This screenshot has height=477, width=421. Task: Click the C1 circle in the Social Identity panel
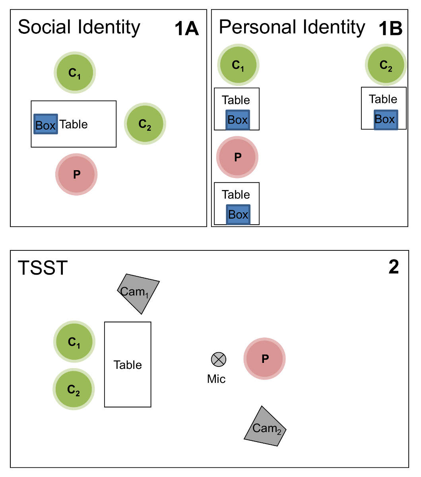75,73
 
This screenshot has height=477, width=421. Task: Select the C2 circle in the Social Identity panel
145,124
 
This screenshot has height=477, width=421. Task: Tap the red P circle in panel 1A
76,174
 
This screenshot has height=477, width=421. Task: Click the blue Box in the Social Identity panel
45,124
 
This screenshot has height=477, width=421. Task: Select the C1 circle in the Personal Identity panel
238,65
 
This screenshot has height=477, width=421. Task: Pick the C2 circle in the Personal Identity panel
386,65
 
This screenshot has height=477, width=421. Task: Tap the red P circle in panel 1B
237,157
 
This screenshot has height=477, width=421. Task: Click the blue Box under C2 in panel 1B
385,119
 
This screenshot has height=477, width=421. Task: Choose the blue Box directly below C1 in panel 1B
238,120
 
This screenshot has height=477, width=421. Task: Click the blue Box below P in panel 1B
238,215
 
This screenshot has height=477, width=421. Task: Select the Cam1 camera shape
138,293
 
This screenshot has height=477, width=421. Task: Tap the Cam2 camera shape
265,427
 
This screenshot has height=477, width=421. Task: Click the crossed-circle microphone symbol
218,359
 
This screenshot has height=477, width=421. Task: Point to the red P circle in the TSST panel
265,359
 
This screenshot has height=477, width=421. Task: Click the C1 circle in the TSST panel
74,341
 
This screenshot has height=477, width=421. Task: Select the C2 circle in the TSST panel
74,389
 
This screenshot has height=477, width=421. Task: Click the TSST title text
43,268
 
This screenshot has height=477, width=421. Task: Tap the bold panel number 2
394,268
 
